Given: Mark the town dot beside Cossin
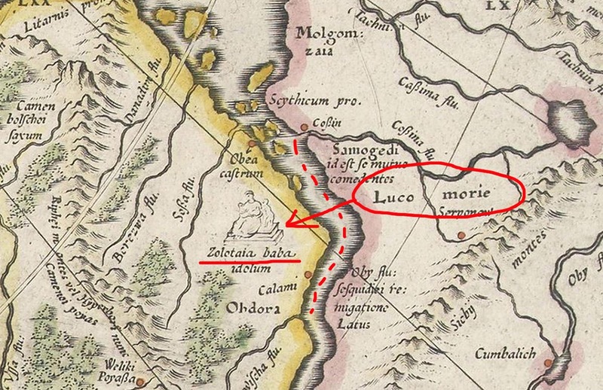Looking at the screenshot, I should (x=304, y=128).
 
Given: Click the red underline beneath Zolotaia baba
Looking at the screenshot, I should (x=249, y=263).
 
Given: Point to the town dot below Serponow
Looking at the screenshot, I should (x=461, y=238).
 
